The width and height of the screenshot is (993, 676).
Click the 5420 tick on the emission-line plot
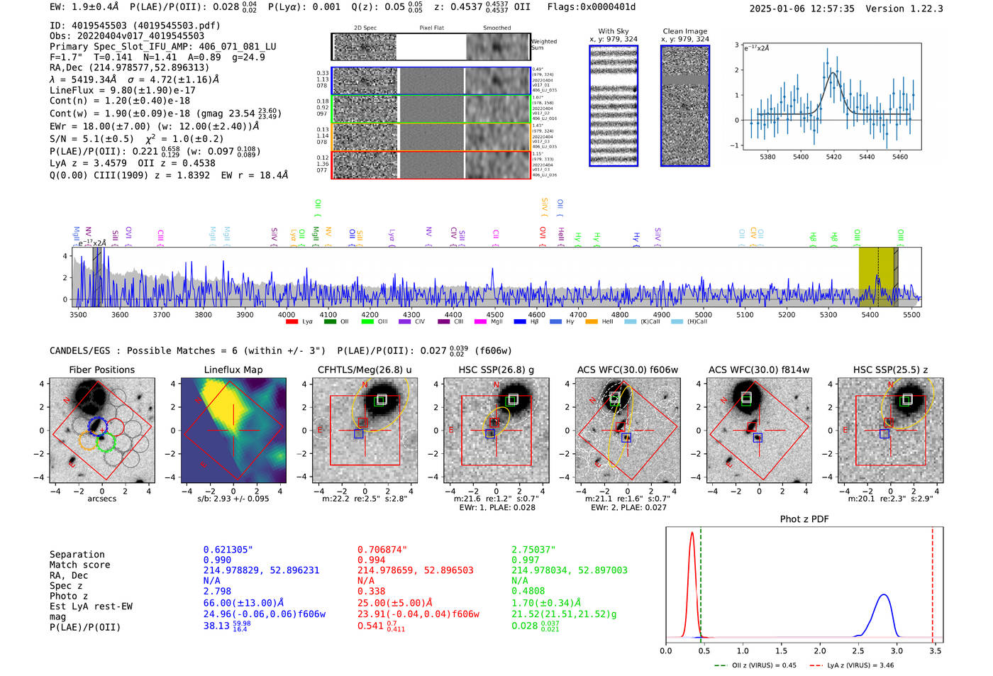(x=833, y=157)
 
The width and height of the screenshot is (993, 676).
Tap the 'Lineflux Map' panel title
(x=233, y=370)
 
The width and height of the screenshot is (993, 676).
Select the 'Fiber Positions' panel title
(x=101, y=370)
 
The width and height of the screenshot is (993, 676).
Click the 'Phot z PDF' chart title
(x=804, y=519)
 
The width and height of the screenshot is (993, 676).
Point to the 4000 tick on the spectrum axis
(x=287, y=315)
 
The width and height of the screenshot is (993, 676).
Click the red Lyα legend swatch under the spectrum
(x=292, y=322)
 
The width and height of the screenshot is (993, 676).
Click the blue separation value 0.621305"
(x=228, y=550)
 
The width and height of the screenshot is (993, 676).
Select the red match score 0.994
(x=372, y=560)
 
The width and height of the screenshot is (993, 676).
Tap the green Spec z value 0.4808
(x=528, y=591)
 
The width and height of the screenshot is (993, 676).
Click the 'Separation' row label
(x=77, y=555)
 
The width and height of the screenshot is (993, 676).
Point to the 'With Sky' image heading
(x=613, y=31)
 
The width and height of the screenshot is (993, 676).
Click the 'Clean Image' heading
(x=684, y=31)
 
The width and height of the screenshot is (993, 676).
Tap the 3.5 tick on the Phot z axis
(x=936, y=650)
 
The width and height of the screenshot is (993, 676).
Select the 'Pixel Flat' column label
(x=431, y=28)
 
